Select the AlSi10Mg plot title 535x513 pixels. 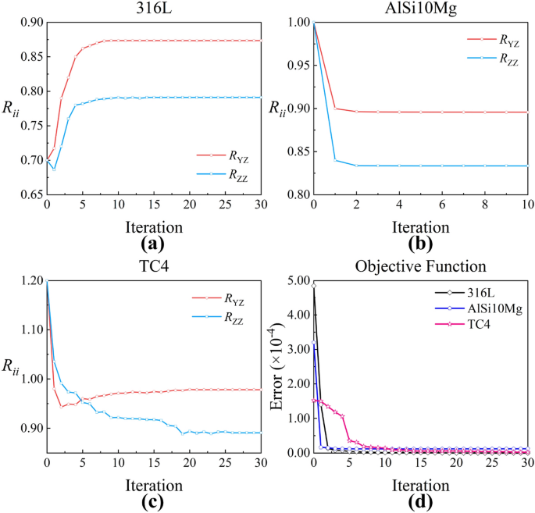420,9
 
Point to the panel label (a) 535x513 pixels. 154,242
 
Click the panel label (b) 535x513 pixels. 420,242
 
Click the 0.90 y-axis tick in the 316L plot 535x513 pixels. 29,23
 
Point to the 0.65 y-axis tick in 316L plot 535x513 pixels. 29,194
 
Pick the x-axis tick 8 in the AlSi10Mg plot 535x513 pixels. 484,205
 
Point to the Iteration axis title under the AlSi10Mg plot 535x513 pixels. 420,223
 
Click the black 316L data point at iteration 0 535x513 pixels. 314,286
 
